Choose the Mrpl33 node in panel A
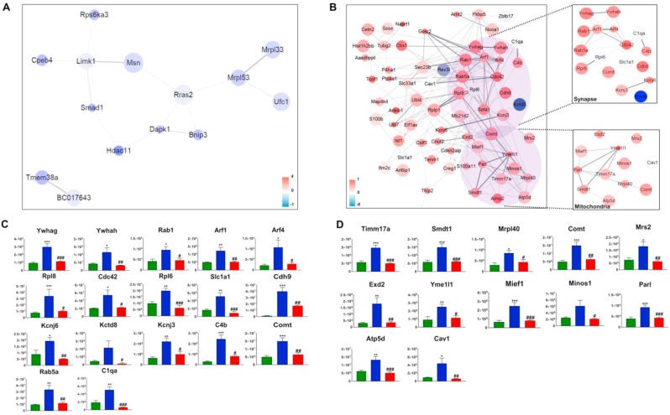coord(271,51)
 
